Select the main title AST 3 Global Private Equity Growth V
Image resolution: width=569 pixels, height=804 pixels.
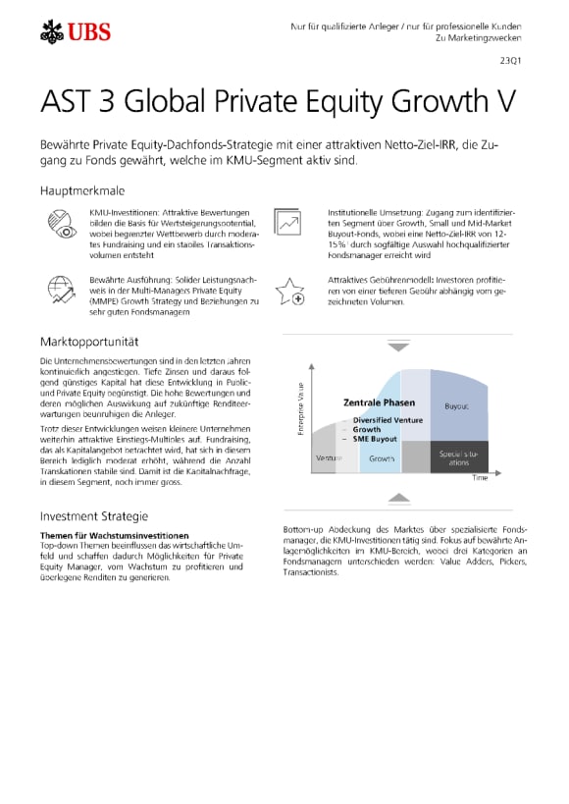click(x=277, y=102)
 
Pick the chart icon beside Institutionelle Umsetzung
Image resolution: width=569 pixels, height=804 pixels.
click(x=287, y=223)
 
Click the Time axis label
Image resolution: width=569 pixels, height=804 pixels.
click(x=480, y=478)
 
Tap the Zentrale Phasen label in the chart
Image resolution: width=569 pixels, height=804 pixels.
click(x=379, y=402)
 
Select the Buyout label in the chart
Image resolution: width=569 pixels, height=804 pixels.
click(x=456, y=404)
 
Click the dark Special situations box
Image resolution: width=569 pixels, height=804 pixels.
click(x=458, y=456)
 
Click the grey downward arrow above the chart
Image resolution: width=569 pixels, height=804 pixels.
click(x=398, y=348)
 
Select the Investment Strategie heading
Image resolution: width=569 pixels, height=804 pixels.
click(x=93, y=516)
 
